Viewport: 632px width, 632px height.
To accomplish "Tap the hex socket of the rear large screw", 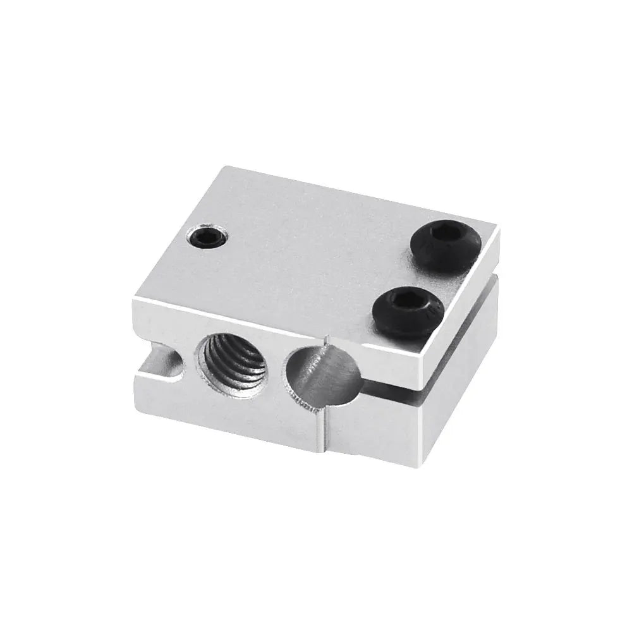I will [446, 236].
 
